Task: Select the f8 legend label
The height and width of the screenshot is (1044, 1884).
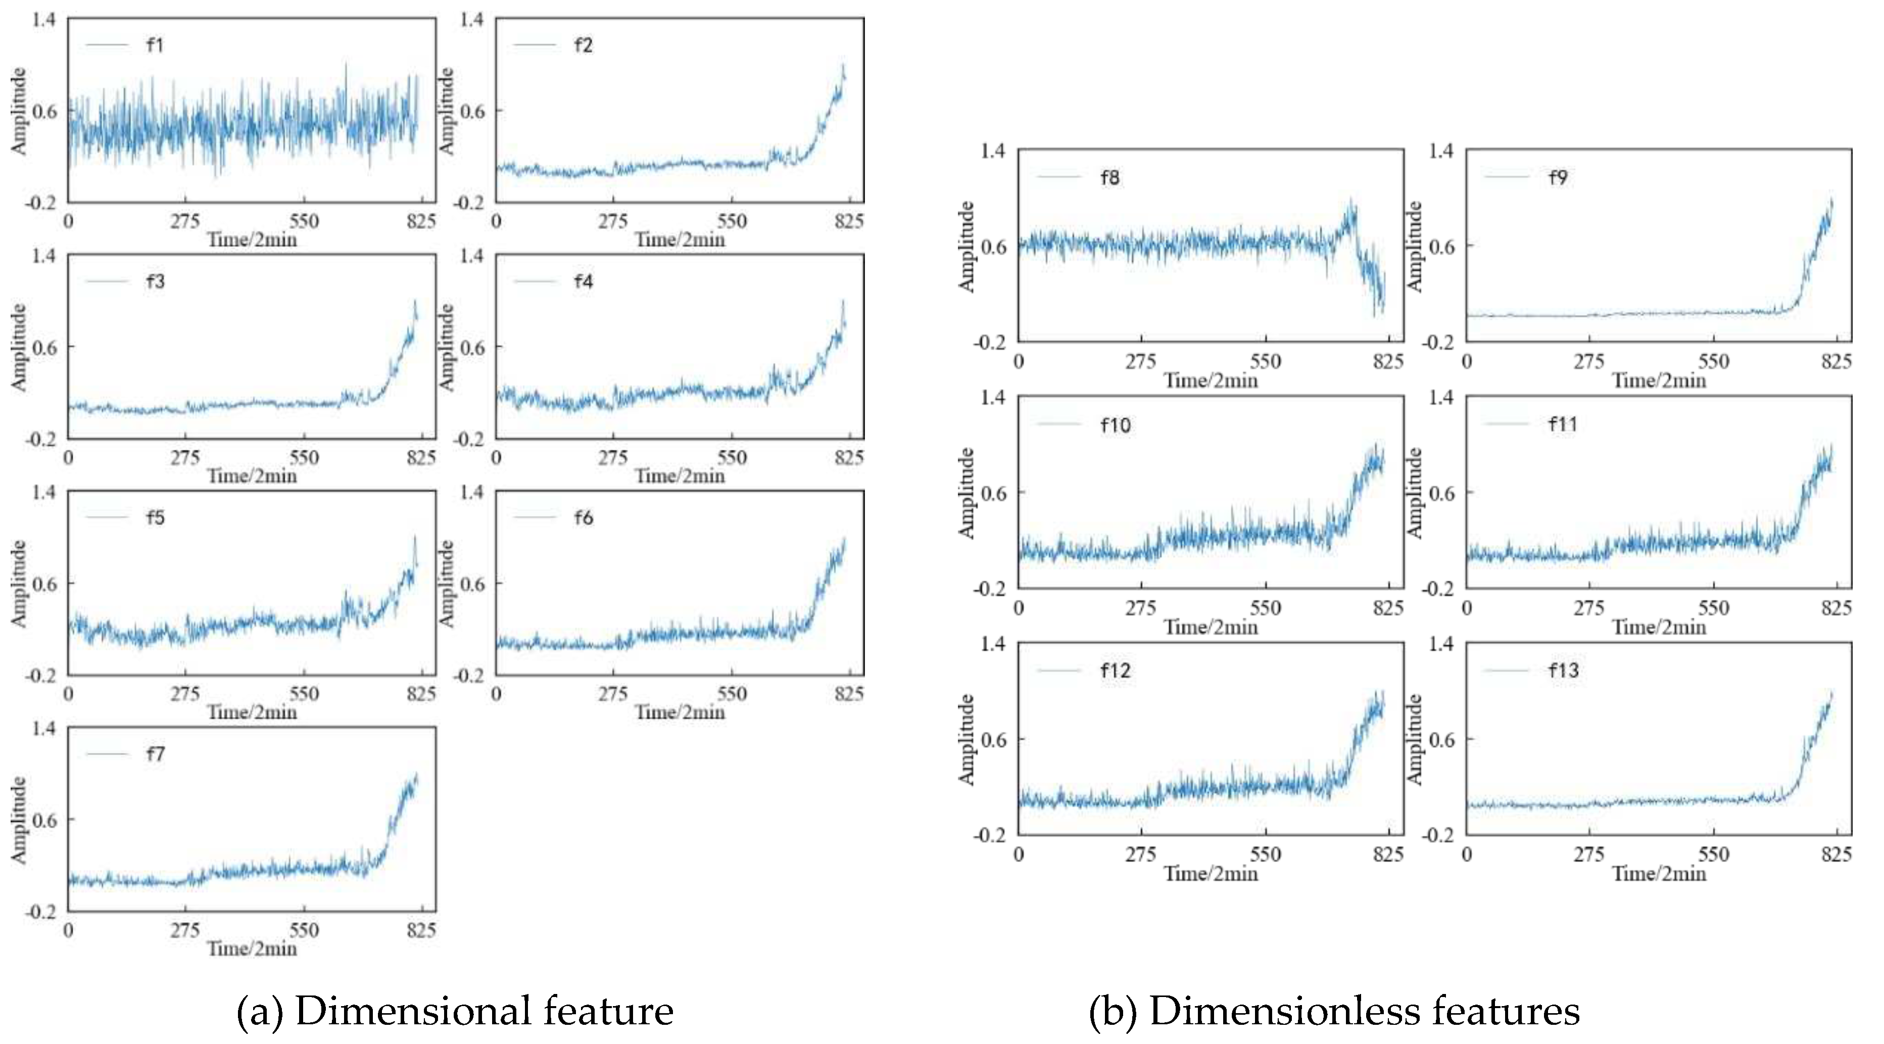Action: pyautogui.click(x=1109, y=178)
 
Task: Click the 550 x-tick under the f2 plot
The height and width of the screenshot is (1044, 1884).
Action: pyautogui.click(x=732, y=221)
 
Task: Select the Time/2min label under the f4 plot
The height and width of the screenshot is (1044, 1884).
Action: pyautogui.click(x=680, y=477)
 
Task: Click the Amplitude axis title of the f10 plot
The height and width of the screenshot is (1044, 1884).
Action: pyautogui.click(x=967, y=492)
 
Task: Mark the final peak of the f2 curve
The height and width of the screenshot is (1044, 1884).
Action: pyautogui.click(x=843, y=65)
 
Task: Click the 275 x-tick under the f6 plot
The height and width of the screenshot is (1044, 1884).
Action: pyautogui.click(x=613, y=694)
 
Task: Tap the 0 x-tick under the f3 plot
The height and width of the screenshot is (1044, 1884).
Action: pyautogui.click(x=68, y=458)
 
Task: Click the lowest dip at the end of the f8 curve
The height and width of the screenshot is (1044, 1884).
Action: pyautogui.click(x=1375, y=316)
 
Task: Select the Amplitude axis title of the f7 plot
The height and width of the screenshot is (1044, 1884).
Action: pyautogui.click(x=18, y=820)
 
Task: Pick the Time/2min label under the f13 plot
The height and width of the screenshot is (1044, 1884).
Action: pyautogui.click(x=1659, y=874)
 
